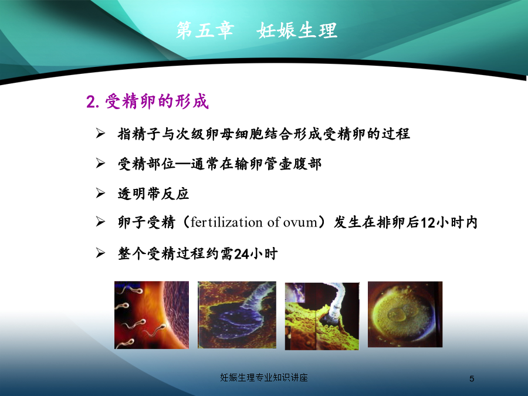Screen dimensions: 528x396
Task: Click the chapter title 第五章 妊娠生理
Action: (x=256, y=31)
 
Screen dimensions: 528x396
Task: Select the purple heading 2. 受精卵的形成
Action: (x=147, y=101)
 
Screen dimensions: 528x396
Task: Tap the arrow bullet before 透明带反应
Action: (x=100, y=193)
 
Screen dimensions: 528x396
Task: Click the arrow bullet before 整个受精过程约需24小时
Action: (x=100, y=252)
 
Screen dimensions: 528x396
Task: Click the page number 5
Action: (x=472, y=379)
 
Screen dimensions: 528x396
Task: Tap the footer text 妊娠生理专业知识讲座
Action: (x=264, y=377)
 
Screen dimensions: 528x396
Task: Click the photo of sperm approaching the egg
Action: (x=151, y=315)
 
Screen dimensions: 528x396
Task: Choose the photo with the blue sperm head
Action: (x=237, y=315)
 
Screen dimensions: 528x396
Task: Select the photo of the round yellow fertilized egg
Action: (x=405, y=314)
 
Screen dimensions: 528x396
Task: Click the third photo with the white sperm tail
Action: (x=322, y=316)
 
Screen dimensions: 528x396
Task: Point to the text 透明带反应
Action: (x=153, y=194)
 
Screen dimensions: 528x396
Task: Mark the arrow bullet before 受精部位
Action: (x=100, y=163)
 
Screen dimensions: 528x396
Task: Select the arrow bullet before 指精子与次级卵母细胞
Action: (x=100, y=133)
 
